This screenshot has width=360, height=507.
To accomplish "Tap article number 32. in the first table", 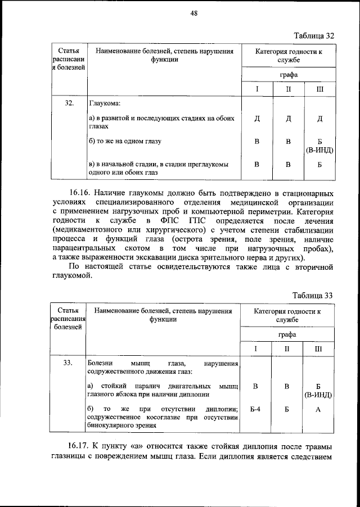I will tap(70, 103).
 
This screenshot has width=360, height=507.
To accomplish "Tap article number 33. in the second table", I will tap(68, 363).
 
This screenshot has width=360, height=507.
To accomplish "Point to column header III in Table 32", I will tap(319, 89).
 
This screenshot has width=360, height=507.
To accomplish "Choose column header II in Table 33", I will tap(287, 349).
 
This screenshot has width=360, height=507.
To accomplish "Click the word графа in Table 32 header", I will tap(289, 74).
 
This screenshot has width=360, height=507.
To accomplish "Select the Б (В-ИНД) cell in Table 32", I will tap(319, 146).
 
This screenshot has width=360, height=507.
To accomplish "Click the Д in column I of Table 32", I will tap(256, 119).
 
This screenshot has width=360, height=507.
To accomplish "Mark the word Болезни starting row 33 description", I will tap(102, 363).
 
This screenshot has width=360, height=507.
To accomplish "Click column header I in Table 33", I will tap(255, 349).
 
